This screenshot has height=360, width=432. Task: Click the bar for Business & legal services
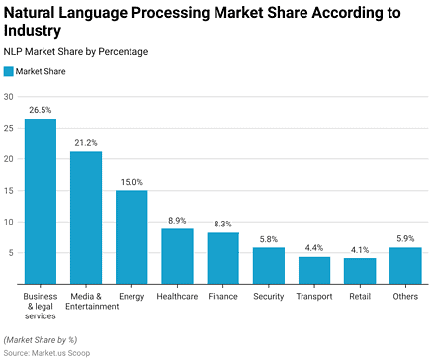click(x=41, y=202)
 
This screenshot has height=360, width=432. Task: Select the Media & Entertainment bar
click(x=86, y=218)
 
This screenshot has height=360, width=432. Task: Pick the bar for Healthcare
click(x=177, y=256)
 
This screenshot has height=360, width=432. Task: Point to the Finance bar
click(x=222, y=258)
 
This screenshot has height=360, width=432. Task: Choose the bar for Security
click(x=268, y=266)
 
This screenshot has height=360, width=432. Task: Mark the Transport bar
click(x=313, y=270)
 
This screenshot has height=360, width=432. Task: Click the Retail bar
click(x=359, y=271)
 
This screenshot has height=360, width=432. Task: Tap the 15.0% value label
click(x=131, y=182)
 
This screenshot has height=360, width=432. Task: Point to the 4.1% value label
click(x=359, y=250)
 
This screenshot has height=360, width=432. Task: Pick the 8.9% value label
click(x=177, y=221)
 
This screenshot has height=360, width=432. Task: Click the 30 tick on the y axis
click(x=9, y=97)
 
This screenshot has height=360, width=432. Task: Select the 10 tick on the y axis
click(x=9, y=222)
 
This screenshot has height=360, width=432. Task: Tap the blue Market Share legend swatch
click(x=9, y=71)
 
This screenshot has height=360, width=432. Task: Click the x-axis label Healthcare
click(x=177, y=296)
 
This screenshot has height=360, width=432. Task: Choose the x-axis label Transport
click(x=313, y=296)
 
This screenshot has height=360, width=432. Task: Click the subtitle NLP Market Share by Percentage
click(x=77, y=52)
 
